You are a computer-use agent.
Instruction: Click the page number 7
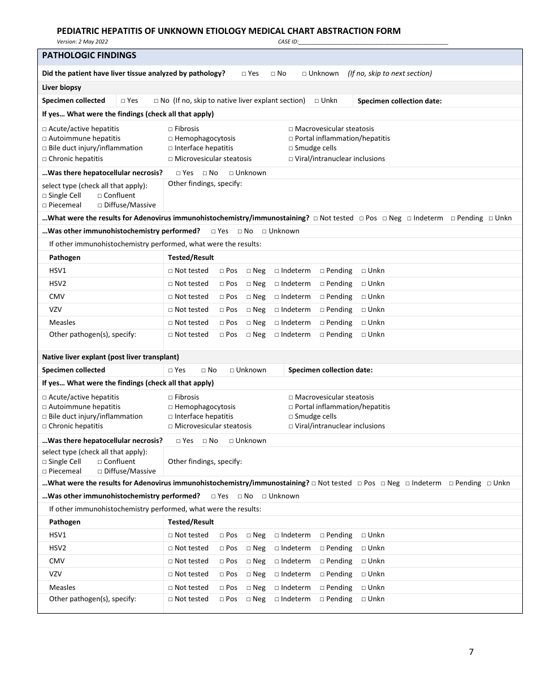471,652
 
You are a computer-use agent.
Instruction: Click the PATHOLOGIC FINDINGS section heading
89,55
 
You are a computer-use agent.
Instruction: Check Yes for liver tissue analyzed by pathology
244,73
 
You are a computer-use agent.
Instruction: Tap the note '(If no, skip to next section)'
389,73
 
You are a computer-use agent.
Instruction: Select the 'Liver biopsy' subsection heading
62,88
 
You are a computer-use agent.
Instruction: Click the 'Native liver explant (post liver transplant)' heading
110,357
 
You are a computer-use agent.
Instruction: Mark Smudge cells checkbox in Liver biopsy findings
291,148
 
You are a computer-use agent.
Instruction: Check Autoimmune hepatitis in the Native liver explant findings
45,407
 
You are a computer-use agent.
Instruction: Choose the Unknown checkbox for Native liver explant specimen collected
232,370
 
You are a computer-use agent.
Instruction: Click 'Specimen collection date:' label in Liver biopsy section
399,101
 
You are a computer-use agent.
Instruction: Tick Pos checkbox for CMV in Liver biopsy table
222,297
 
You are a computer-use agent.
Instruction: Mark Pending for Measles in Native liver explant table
322,588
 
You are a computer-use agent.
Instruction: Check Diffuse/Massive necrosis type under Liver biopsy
100,205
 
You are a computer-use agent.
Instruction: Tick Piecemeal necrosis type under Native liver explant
45,471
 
